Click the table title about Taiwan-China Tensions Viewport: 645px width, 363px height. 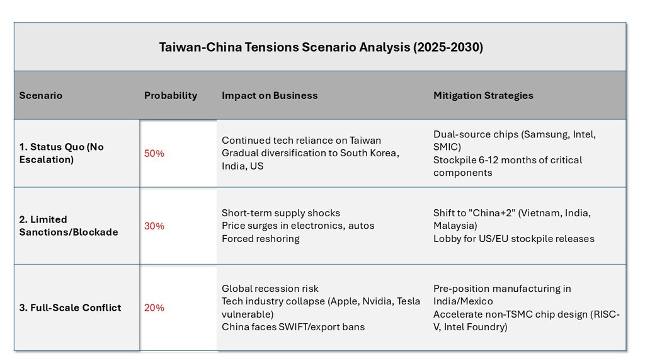[x=321, y=47]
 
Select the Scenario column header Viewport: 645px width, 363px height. [x=40, y=96]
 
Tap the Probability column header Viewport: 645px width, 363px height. [x=170, y=96]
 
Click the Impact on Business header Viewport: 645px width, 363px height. [x=270, y=96]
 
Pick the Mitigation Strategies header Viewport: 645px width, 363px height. [x=483, y=96]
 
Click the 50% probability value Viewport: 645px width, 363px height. [x=154, y=154]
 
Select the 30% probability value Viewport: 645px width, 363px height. [x=154, y=226]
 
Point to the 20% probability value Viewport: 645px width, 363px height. [x=154, y=308]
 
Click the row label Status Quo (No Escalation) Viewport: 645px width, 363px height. [x=61, y=153]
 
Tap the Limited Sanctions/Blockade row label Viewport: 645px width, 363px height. [x=68, y=226]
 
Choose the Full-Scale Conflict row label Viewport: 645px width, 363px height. [x=70, y=308]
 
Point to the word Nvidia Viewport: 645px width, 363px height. [x=377, y=301]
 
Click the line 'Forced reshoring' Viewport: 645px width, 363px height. [x=260, y=239]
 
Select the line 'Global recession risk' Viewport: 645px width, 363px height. [x=270, y=289]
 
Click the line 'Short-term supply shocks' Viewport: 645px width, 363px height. [x=280, y=213]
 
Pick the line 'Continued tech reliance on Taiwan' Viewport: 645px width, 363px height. [x=301, y=141]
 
